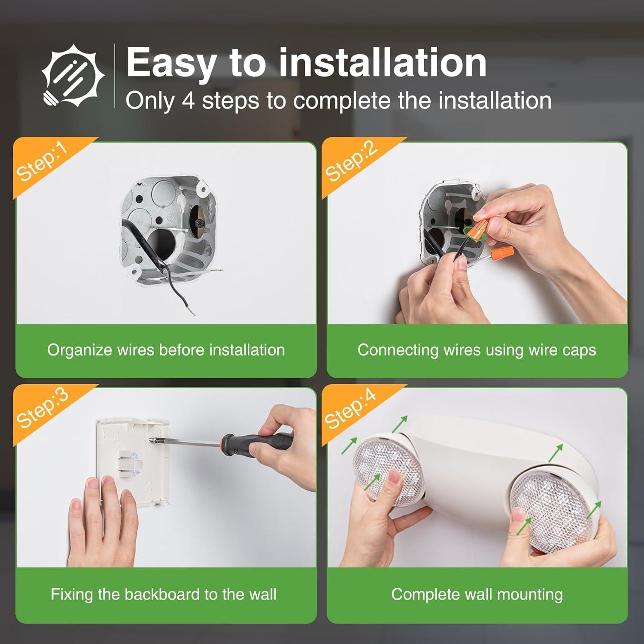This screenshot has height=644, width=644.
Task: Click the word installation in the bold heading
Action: click(x=383, y=63)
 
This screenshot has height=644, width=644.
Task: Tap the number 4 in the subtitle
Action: click(x=188, y=101)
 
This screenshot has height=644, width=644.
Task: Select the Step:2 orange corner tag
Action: click(x=351, y=162)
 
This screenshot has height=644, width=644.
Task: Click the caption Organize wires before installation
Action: click(x=166, y=350)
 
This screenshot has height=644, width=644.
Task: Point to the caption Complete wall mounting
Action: click(x=477, y=594)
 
